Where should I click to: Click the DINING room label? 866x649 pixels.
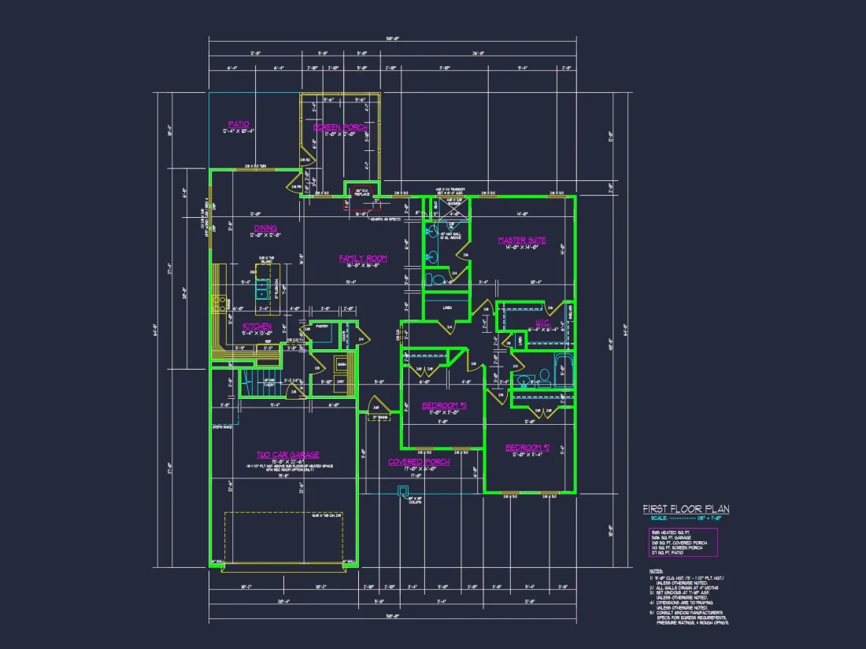(x=265, y=228)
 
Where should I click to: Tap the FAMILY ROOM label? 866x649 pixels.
(x=363, y=258)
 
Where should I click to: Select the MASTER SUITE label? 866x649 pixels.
(x=521, y=240)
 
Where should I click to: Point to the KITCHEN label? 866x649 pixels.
(x=257, y=326)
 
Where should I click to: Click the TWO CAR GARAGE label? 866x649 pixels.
(x=287, y=455)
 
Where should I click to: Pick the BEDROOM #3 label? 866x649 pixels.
(x=444, y=405)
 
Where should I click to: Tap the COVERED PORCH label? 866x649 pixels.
(x=419, y=462)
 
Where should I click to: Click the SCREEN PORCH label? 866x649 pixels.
(x=340, y=127)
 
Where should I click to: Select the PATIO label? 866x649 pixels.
(x=239, y=124)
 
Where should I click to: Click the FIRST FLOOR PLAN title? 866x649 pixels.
(x=686, y=509)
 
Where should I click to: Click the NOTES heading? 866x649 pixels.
(x=656, y=570)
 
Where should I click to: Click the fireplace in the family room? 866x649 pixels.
(x=362, y=190)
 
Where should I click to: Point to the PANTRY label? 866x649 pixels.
(x=321, y=325)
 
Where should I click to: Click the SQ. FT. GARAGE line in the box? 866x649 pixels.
(x=672, y=536)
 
